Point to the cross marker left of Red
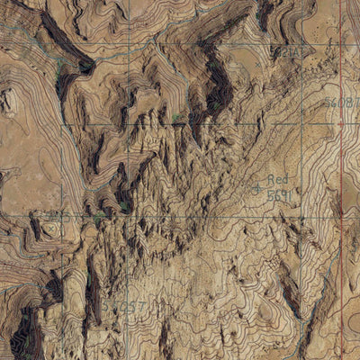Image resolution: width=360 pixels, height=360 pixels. [x=256, y=188]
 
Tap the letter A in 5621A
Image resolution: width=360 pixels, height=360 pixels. [x=299, y=53]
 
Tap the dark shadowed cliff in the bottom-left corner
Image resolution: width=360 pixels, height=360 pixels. [x=22, y=337]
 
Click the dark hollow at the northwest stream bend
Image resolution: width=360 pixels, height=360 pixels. [x=85, y=65]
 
